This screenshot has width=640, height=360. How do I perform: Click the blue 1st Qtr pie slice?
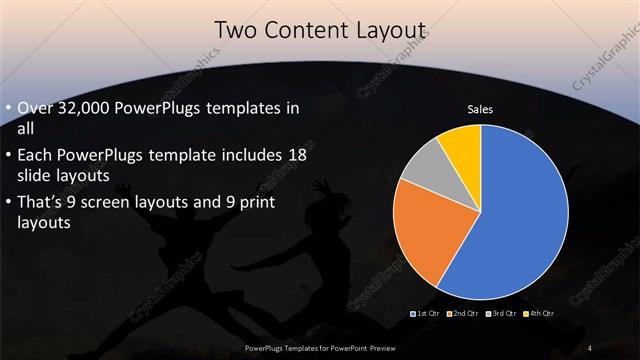pos(510,220)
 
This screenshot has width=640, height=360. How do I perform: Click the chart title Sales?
pos(480,109)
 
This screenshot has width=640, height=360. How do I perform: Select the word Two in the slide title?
pos(239,31)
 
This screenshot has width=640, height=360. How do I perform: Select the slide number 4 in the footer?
pos(591,347)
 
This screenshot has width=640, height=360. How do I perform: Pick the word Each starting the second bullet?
pos(36,156)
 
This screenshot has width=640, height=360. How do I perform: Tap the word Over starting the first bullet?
pos(38,108)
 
